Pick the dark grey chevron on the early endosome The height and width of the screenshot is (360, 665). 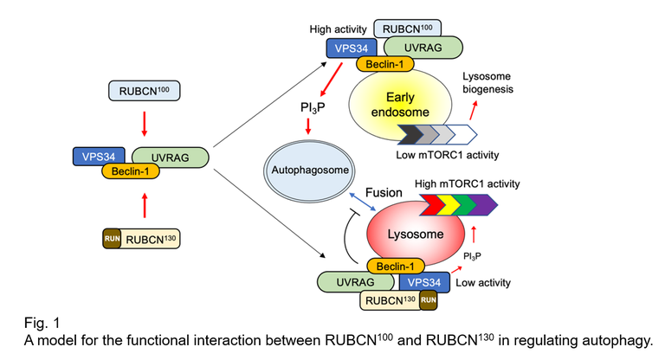406,134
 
